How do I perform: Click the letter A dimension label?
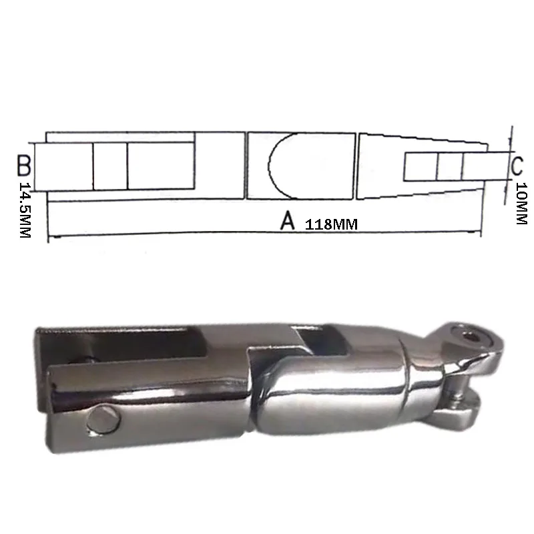(288, 220)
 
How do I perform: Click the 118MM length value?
(331, 224)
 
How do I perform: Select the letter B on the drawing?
(24, 166)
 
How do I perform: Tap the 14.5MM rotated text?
(25, 210)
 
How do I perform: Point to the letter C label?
(517, 166)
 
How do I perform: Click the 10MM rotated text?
(521, 204)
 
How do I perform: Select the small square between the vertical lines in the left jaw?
(110, 166)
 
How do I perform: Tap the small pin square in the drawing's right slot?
(449, 167)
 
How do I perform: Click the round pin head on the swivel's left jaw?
(103, 421)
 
